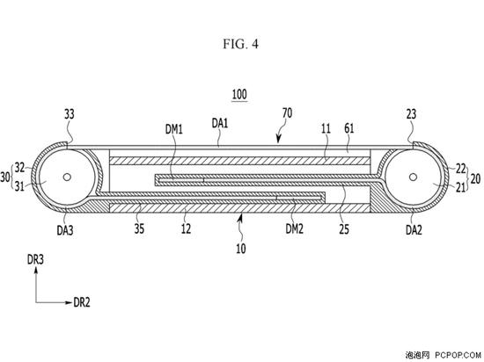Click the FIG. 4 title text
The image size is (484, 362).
tap(241, 44)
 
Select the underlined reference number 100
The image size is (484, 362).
tap(239, 94)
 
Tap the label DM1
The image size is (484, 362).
tap(174, 129)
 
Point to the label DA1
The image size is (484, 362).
tap(220, 123)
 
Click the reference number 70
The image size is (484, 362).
tap(287, 113)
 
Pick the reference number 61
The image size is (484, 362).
tap(348, 128)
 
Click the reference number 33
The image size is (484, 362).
tap(70, 114)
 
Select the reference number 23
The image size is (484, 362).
tap(411, 114)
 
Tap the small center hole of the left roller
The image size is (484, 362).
tap(67, 177)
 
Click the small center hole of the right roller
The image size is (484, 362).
tap(413, 177)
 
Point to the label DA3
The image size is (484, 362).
tap(65, 230)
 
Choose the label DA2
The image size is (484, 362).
tap(414, 229)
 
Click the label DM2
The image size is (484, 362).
tap(294, 228)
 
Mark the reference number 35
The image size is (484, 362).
tap(139, 228)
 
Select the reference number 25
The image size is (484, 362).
tap(344, 229)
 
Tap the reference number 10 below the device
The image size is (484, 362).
tap(241, 248)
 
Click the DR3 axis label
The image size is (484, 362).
tap(35, 260)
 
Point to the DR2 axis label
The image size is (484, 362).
tap(82, 302)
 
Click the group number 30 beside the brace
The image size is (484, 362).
tap(4, 177)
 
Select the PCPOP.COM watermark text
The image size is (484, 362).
tap(458, 355)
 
